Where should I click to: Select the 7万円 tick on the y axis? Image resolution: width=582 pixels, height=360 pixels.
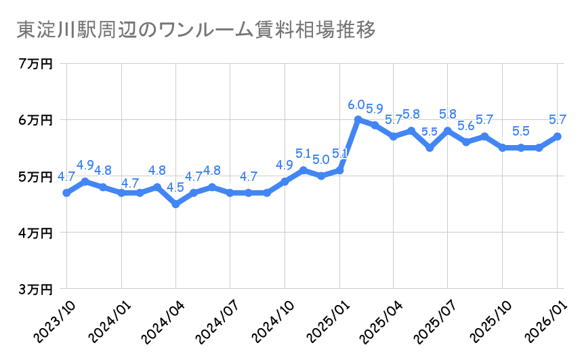(x=35, y=64)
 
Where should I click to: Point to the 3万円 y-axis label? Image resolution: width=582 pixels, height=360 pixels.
(x=35, y=289)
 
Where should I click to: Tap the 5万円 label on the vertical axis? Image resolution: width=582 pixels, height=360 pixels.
(x=35, y=176)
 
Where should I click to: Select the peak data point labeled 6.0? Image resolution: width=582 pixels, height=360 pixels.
(x=357, y=119)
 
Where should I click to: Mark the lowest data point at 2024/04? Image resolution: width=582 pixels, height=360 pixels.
(x=175, y=204)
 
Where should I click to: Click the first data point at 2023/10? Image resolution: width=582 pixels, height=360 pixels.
(x=66, y=193)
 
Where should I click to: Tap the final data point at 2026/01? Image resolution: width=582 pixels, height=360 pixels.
(x=557, y=136)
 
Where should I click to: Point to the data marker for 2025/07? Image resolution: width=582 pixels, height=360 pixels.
(x=448, y=131)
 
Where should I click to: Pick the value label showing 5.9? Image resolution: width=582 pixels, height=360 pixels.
(x=375, y=108)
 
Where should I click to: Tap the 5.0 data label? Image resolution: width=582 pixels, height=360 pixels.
(x=321, y=160)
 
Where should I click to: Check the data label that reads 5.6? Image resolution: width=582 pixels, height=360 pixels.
(x=466, y=126)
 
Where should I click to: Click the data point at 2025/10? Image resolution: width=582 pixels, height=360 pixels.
(x=502, y=148)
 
